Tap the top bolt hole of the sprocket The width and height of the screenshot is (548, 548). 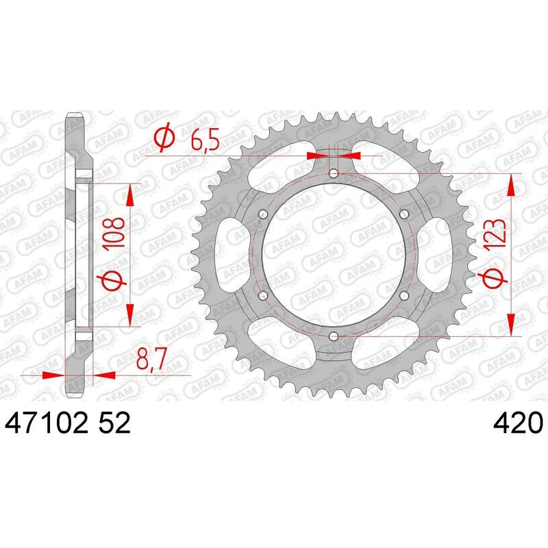[333, 173]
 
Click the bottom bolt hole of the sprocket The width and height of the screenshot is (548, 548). [333, 336]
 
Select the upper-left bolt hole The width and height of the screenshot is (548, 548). [262, 214]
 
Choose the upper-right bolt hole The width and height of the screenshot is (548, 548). [403, 214]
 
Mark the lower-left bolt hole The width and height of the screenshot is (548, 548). [262, 295]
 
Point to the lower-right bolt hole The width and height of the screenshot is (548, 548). [403, 295]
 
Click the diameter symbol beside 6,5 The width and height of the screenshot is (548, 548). [164, 140]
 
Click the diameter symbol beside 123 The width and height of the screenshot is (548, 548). [496, 277]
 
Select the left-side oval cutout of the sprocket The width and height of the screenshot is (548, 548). [229, 255]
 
